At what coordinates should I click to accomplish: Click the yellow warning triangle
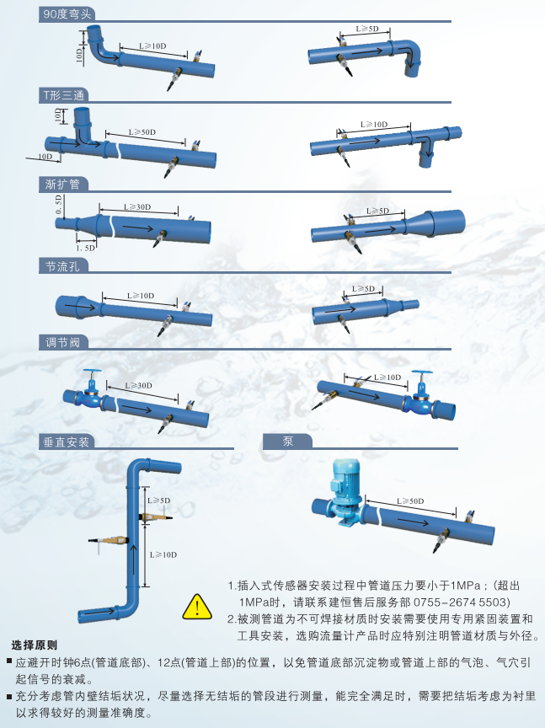pyautogui.click(x=196, y=605)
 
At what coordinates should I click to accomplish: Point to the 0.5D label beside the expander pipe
pyautogui.click(x=59, y=205)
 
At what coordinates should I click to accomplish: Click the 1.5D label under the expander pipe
pyautogui.click(x=85, y=248)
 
